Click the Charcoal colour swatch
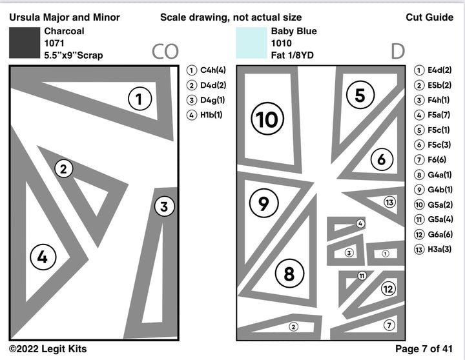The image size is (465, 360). point(25,43)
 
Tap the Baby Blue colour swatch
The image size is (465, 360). point(251,43)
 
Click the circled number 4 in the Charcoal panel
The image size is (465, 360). point(43,257)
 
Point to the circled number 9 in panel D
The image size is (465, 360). point(263,204)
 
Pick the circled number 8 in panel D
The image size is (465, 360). point(289,274)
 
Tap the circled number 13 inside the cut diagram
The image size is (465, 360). point(389,203)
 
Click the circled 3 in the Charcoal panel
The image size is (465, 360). point(164,207)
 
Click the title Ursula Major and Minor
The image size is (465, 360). point(65,17)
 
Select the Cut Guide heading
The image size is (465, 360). point(429,17)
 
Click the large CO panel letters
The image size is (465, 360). point(165,52)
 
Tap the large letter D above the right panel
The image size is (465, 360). point(398,52)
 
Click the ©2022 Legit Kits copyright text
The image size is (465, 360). point(48,349)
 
